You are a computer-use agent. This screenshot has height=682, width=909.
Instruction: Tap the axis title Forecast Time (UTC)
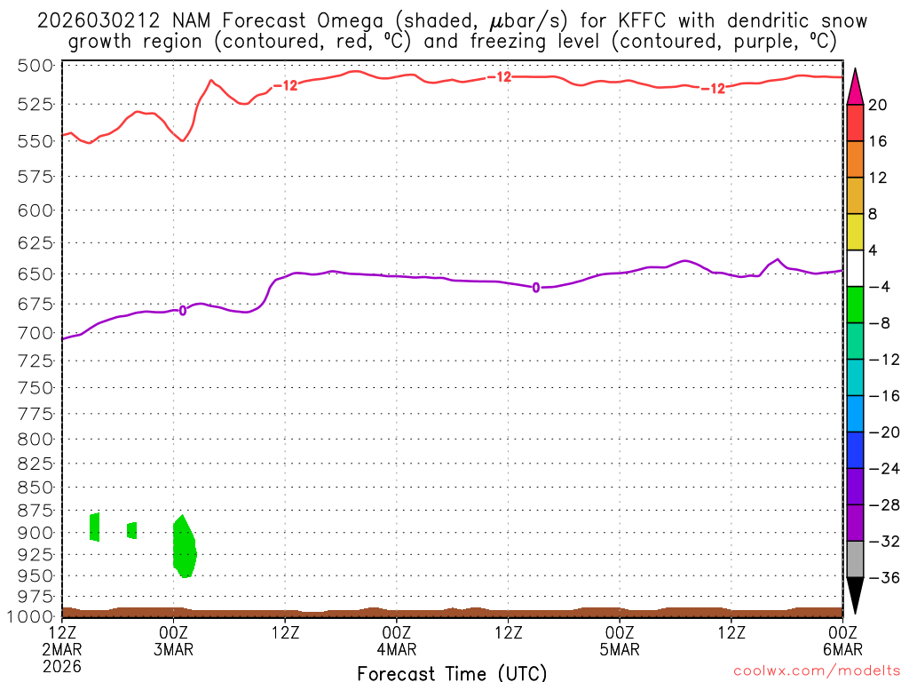(x=452, y=672)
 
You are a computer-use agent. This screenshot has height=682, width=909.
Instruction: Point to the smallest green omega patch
(x=132, y=530)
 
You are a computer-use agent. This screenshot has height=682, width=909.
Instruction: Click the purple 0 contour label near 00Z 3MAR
(x=183, y=311)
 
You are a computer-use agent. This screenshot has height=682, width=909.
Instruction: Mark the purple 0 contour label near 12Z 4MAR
(x=536, y=288)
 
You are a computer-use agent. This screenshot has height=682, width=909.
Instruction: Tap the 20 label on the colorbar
(x=878, y=105)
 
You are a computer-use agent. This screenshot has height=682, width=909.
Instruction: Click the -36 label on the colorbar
(x=878, y=577)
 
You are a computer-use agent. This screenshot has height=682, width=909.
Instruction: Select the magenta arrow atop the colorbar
(x=855, y=87)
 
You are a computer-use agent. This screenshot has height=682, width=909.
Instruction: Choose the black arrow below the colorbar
(x=855, y=594)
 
